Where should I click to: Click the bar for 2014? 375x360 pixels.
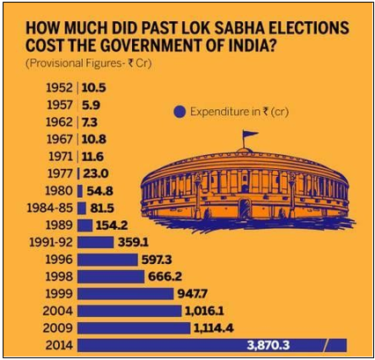point(211,344)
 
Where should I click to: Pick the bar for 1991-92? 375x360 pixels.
point(91,241)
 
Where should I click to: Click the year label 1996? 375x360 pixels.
point(61,259)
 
